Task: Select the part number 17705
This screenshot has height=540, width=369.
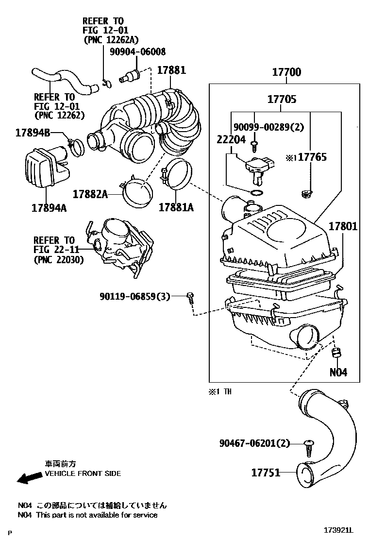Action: [x=282, y=100]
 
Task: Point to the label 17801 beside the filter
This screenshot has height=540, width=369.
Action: [x=343, y=226]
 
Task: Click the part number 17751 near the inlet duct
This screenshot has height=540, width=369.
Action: [x=266, y=472]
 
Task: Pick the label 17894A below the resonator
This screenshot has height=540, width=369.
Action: [x=49, y=208]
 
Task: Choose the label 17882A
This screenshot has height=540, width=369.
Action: [x=90, y=194]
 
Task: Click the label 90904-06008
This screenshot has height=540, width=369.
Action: [x=137, y=51]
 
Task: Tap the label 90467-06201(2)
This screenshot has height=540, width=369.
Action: [x=254, y=443]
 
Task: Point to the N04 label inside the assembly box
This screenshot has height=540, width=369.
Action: [x=338, y=372]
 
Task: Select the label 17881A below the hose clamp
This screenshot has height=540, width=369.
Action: [x=176, y=208]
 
